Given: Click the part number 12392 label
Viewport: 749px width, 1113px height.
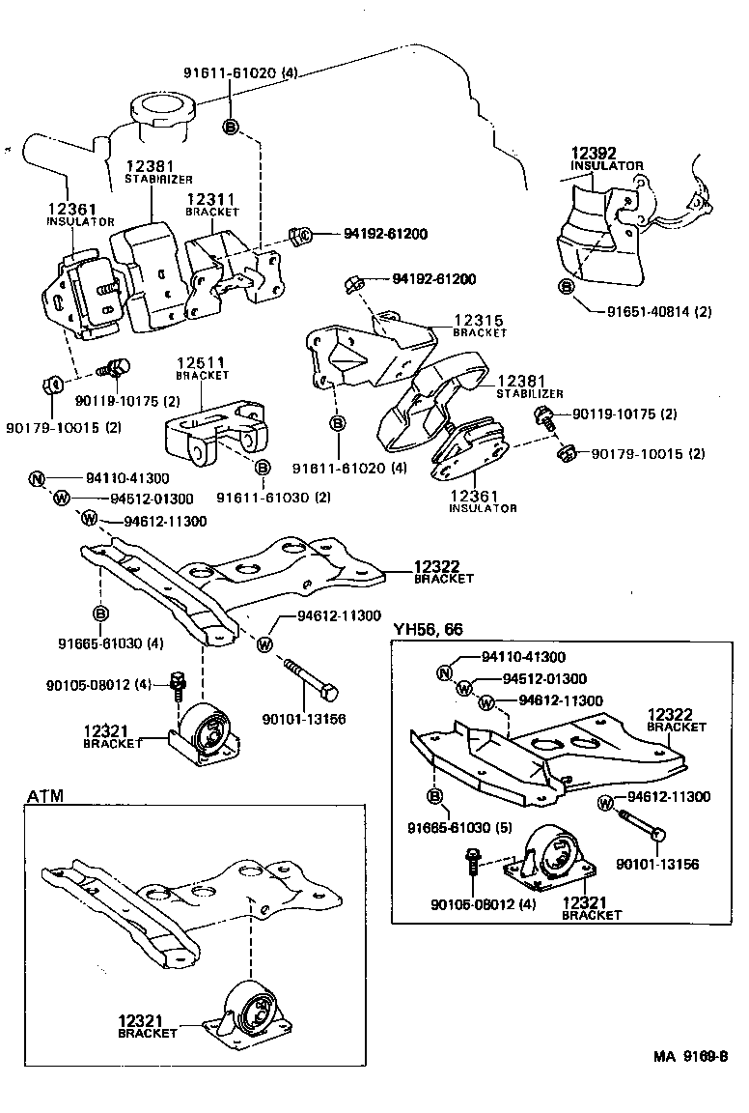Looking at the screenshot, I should (x=594, y=153).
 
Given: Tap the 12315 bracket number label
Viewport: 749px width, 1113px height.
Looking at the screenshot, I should (x=480, y=320).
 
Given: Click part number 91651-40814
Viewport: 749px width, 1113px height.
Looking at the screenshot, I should (x=659, y=312).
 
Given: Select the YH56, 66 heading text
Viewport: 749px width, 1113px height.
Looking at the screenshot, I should (x=428, y=629).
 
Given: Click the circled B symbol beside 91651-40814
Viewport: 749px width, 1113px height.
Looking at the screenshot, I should (x=566, y=287).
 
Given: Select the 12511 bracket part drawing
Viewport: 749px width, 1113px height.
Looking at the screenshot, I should (x=213, y=429).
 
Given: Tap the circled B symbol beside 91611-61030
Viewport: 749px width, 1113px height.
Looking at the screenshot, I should (x=262, y=468).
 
